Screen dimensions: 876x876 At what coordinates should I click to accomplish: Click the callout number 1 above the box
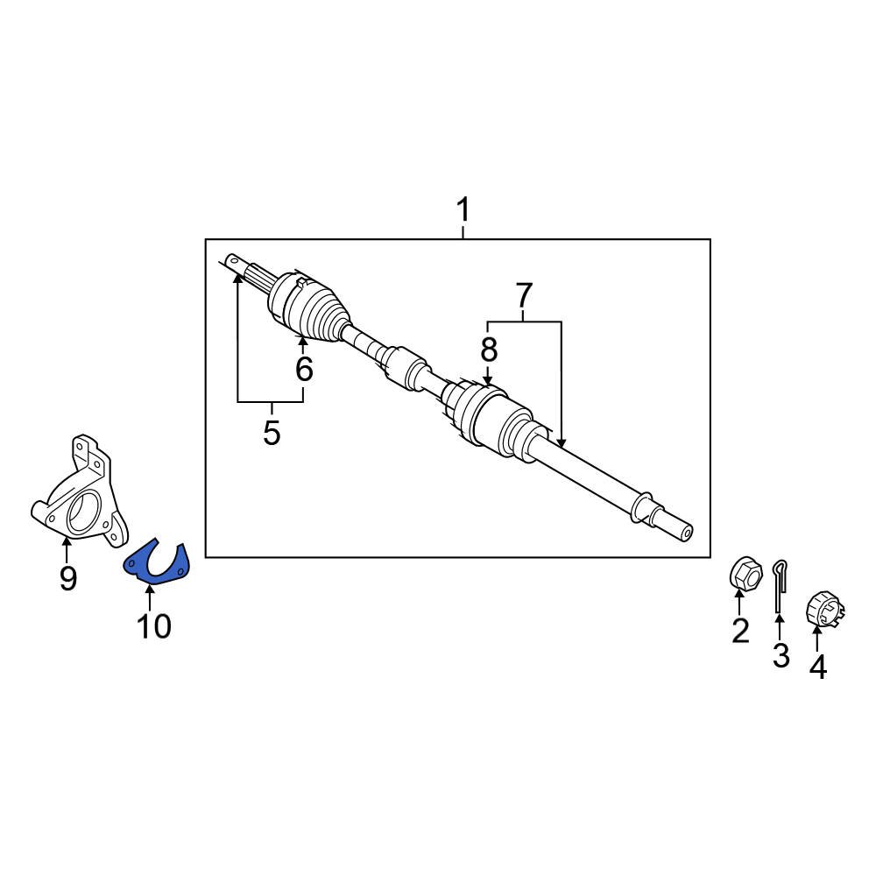[463, 210]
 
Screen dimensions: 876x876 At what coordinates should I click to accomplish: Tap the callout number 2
[740, 631]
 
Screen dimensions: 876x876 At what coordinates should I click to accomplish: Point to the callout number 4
[818, 667]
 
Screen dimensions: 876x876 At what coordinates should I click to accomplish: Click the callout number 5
[272, 433]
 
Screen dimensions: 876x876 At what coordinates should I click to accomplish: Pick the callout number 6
[304, 369]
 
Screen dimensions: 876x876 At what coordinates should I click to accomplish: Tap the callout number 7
[524, 296]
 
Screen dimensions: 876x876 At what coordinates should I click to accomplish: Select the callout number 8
[488, 350]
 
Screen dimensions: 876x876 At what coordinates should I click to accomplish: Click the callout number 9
[67, 578]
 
